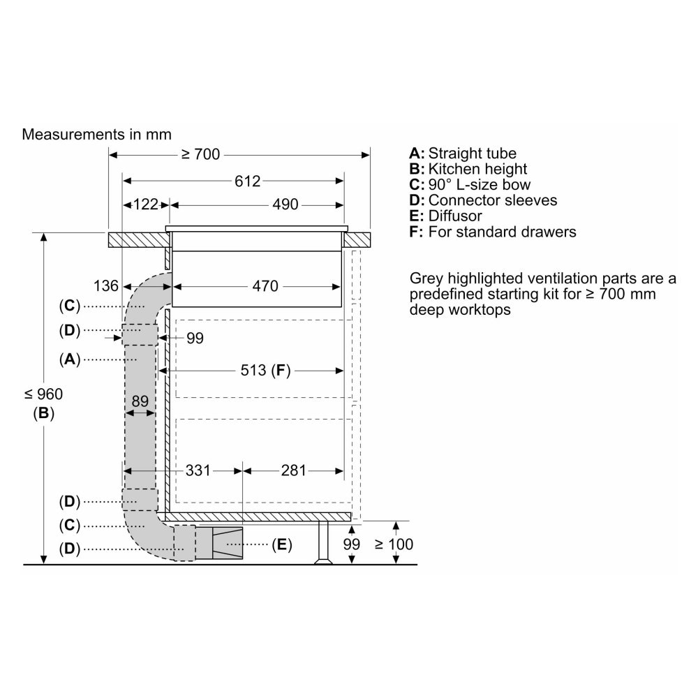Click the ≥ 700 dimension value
201,154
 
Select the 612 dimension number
248,181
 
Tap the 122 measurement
146,205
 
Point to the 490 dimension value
285,205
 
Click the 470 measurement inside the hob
265,285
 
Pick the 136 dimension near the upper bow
106,285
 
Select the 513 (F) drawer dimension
265,371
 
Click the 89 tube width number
140,401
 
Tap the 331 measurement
198,470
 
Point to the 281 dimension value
293,470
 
